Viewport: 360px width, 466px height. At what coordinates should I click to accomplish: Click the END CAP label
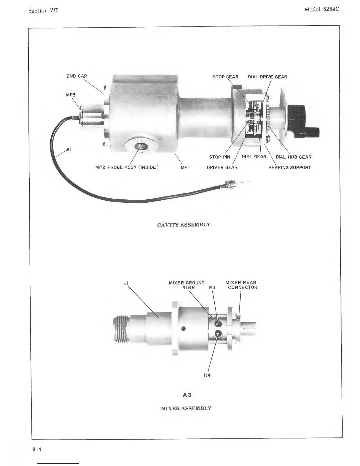[x=77, y=76]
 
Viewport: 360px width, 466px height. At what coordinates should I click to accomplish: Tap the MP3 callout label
[x=71, y=95]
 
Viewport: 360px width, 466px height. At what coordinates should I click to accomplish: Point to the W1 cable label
[x=68, y=150]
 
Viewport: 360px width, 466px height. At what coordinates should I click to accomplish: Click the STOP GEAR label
[x=225, y=77]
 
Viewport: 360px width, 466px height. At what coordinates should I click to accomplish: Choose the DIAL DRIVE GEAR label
[x=267, y=77]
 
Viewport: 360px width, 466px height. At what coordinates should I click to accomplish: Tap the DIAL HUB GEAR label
[x=293, y=157]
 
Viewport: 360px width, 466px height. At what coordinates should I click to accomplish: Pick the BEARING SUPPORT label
[x=289, y=168]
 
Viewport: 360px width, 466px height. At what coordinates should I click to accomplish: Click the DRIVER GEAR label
[x=222, y=168]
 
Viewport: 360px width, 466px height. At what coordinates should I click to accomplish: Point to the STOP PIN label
[x=219, y=157]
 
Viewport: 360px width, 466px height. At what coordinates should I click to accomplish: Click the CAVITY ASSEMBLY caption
[x=184, y=225]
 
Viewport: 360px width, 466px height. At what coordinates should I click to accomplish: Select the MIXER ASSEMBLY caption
[x=186, y=408]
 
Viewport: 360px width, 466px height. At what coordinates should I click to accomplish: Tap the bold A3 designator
[x=187, y=395]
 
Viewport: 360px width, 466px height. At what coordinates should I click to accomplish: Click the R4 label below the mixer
[x=207, y=375]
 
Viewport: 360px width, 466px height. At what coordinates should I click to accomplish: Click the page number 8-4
[x=37, y=449]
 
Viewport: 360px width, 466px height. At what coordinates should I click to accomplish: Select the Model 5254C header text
[x=321, y=9]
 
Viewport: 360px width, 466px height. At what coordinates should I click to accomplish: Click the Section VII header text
[x=43, y=11]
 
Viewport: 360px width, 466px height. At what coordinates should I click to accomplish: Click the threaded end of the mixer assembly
[x=120, y=329]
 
